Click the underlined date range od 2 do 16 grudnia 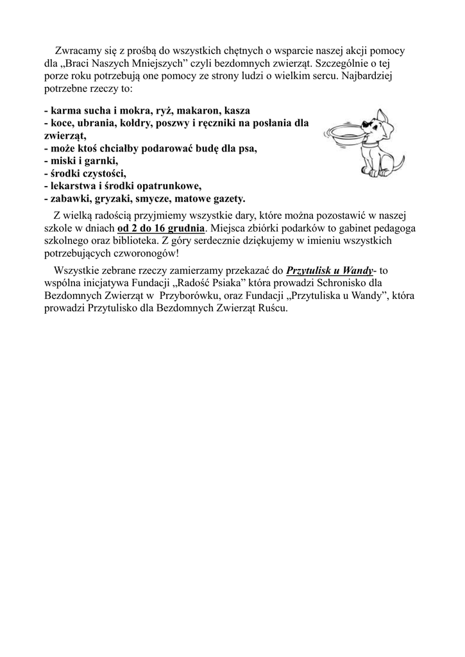click(162, 228)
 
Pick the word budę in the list click(209, 148)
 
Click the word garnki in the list click(101, 161)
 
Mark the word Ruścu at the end click(273, 308)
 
